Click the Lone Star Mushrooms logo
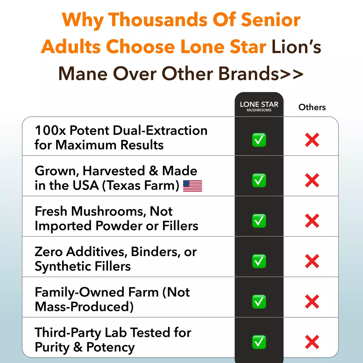pyautogui.click(x=259, y=107)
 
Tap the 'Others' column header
pyautogui.click(x=312, y=107)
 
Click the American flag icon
pyautogui.click(x=193, y=186)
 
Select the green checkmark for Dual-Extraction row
pyautogui.click(x=259, y=140)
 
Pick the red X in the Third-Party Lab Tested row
pyautogui.click(x=312, y=342)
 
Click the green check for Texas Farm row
pyautogui.click(x=259, y=180)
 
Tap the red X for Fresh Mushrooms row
pyautogui.click(x=312, y=220)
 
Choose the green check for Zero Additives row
pyautogui.click(x=259, y=261)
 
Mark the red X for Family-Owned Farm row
pyautogui.click(x=312, y=301)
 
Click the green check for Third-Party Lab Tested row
pyautogui.click(x=259, y=342)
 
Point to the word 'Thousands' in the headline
pyautogui.click(x=158, y=19)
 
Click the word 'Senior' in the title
pyautogui.click(x=271, y=19)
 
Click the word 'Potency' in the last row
pyautogui.click(x=111, y=347)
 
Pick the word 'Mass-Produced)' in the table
pyautogui.click(x=84, y=307)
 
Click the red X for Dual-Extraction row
pyautogui.click(x=312, y=140)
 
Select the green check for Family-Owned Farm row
pyautogui.click(x=259, y=301)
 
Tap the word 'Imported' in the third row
pyautogui.click(x=63, y=226)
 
